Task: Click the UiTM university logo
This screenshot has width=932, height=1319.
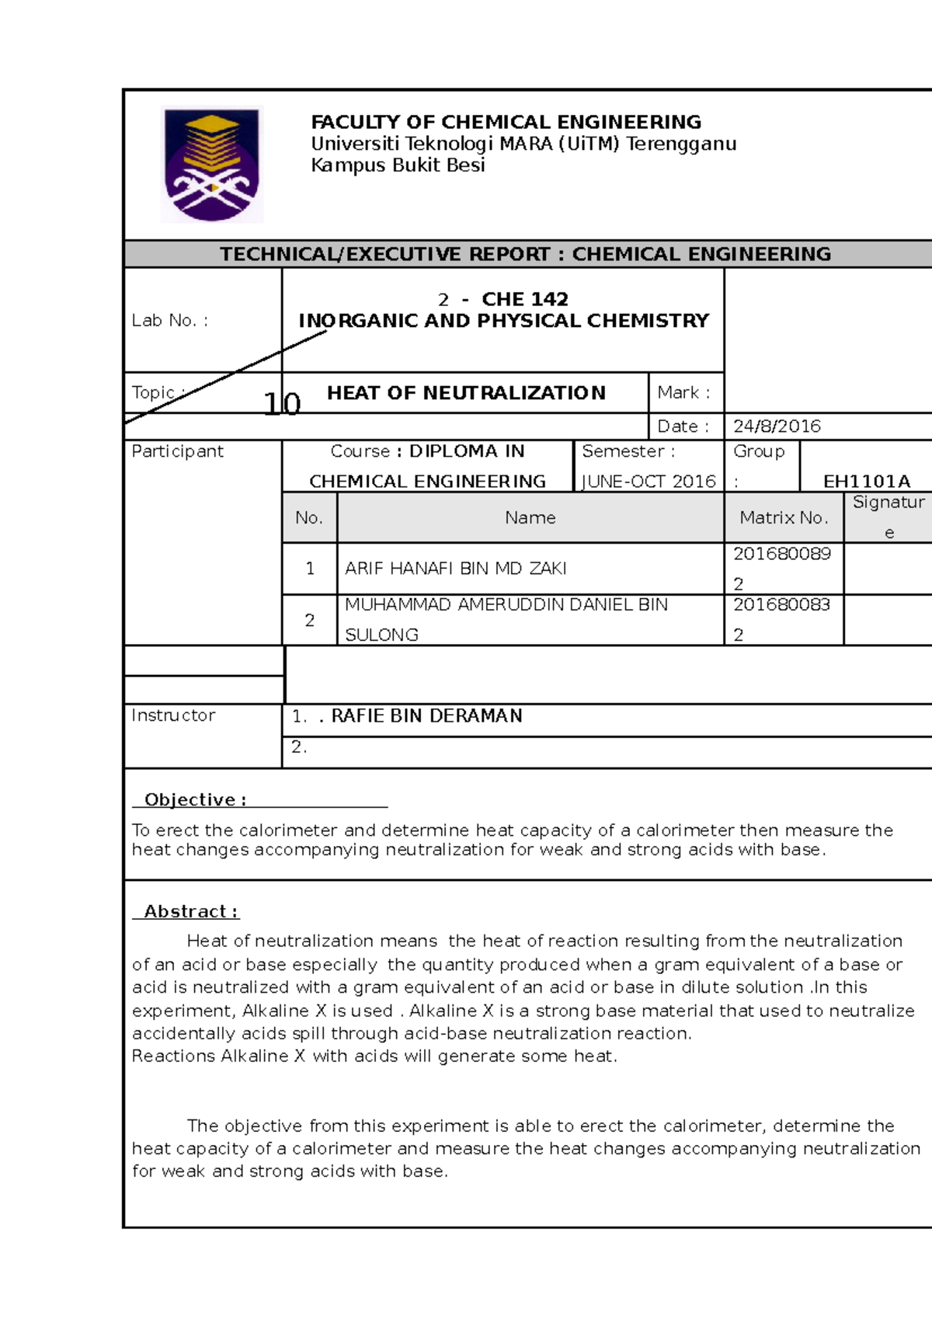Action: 211,164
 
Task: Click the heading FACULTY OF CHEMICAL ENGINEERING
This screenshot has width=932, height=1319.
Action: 506,122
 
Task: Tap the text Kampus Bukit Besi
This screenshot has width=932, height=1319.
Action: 398,165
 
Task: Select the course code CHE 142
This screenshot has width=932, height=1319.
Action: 524,299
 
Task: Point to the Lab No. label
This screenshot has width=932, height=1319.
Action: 169,320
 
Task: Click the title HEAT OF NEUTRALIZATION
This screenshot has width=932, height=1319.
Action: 466,393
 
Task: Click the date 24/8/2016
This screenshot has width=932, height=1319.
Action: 777,426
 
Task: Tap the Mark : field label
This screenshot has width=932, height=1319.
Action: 683,393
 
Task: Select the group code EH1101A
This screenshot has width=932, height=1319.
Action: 866,481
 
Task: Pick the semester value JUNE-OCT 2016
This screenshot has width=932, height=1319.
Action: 649,481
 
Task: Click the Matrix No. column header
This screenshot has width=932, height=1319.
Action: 784,517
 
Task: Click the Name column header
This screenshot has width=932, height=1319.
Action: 530,517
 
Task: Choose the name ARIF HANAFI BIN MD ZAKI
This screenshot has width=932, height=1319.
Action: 455,569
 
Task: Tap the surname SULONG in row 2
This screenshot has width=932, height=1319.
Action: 381,635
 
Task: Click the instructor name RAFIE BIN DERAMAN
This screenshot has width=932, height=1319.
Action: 426,715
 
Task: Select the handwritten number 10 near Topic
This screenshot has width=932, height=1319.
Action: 281,404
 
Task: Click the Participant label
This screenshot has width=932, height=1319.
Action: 177,451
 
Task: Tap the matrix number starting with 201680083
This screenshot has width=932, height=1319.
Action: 781,604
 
